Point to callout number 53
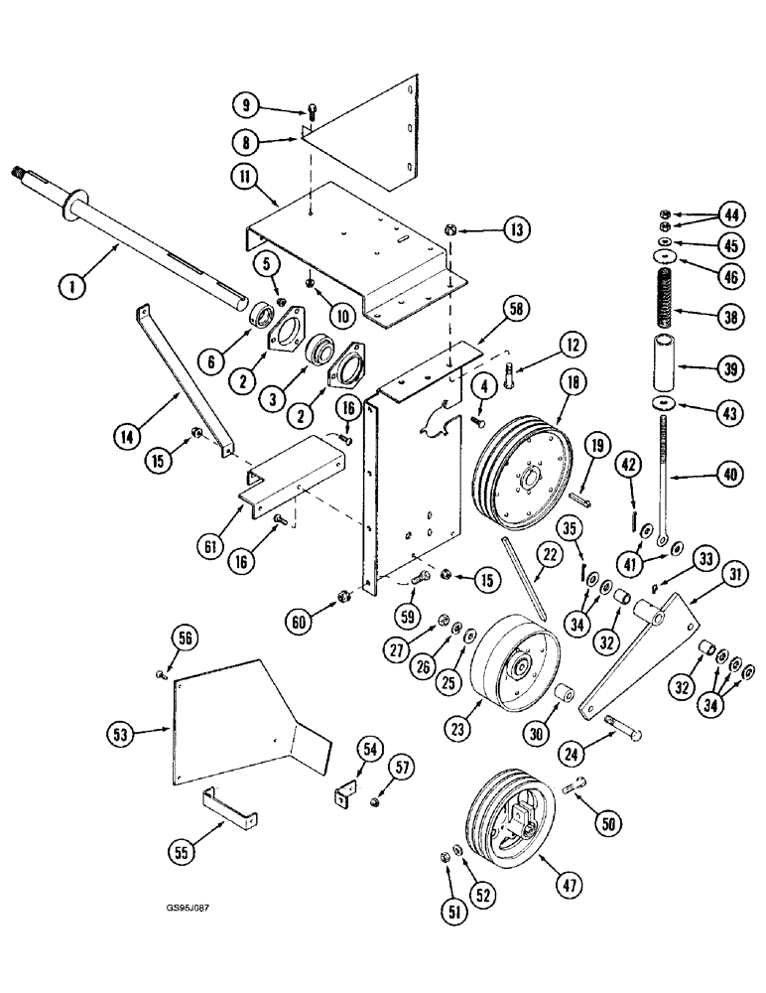[x=122, y=736]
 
